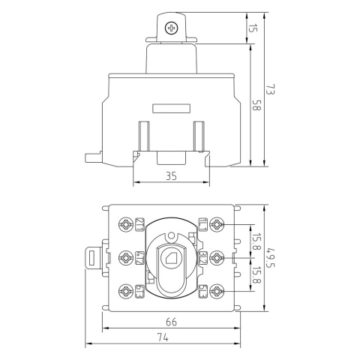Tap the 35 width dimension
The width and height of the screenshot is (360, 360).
(x=170, y=177)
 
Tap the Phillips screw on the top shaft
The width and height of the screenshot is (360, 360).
(x=172, y=28)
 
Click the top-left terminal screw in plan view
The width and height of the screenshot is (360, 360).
(x=124, y=223)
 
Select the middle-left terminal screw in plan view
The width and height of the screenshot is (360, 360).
(x=124, y=256)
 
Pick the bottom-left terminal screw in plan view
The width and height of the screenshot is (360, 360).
(x=124, y=289)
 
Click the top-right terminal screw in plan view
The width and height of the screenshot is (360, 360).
(x=217, y=223)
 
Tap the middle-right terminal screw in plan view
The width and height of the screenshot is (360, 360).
(x=217, y=256)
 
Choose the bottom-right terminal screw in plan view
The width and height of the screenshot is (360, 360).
(x=217, y=289)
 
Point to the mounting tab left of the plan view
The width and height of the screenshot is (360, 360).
(x=92, y=257)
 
